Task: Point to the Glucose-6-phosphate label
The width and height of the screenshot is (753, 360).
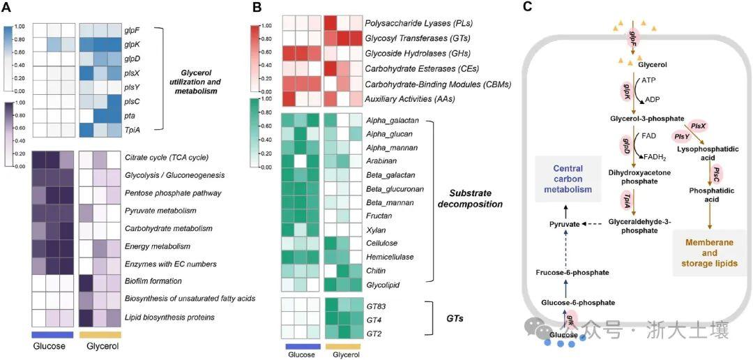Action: tap(578, 302)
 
